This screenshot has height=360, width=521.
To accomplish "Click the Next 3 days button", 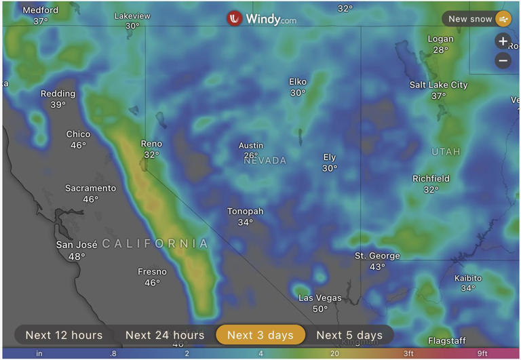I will pyautogui.click(x=260, y=335).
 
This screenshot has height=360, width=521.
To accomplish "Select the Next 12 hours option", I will pyautogui.click(x=64, y=335).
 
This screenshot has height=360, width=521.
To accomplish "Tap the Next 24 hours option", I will pyautogui.click(x=165, y=335).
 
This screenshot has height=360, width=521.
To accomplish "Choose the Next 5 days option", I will pyautogui.click(x=349, y=335).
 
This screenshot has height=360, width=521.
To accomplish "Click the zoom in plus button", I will pyautogui.click(x=503, y=41).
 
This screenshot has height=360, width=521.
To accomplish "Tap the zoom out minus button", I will pyautogui.click(x=503, y=61).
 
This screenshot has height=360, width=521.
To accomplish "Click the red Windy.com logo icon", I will pyautogui.click(x=235, y=19).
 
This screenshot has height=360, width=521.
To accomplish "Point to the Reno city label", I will pyautogui.click(x=152, y=144).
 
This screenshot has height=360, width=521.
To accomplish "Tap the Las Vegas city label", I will pyautogui.click(x=320, y=298).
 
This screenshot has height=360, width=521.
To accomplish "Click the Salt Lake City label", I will pyautogui.click(x=438, y=85).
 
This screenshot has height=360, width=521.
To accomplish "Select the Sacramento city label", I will pyautogui.click(x=90, y=188).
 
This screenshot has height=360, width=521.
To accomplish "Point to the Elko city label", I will pyautogui.click(x=298, y=82).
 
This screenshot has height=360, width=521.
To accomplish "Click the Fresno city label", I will pyautogui.click(x=152, y=272).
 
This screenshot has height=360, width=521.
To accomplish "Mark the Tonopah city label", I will pyautogui.click(x=245, y=212).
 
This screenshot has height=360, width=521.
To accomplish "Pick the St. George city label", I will pyautogui.click(x=377, y=256).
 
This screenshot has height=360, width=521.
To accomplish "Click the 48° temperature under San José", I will pyautogui.click(x=77, y=257).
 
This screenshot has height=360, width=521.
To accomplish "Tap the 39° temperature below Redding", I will pyautogui.click(x=58, y=105).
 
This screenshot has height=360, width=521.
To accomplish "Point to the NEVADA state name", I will pyautogui.click(x=265, y=161).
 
